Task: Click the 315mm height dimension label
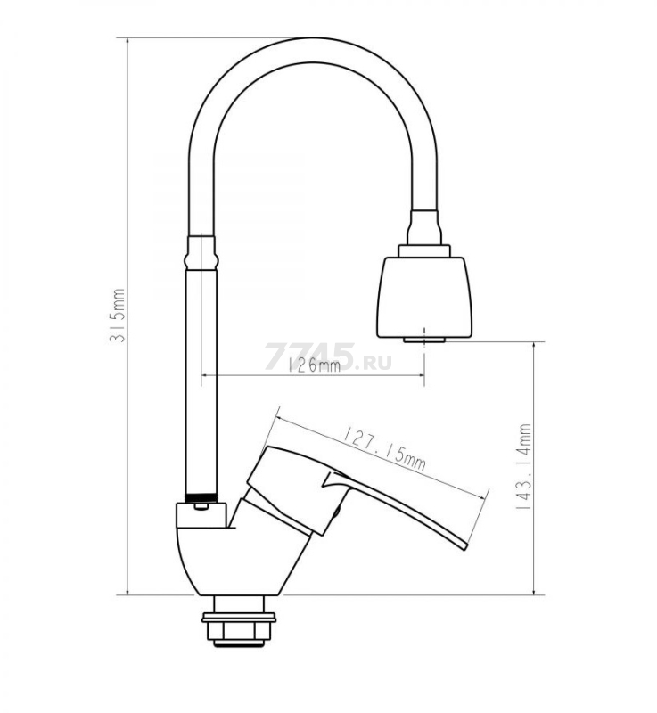[x=118, y=316]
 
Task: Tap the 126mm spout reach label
[x=314, y=365]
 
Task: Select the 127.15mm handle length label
[x=384, y=448]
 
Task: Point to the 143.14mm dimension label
[x=523, y=466]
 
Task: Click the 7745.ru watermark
[x=327, y=356]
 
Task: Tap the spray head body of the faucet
[x=424, y=297]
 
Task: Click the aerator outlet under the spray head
[x=423, y=340]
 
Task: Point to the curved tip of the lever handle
[x=463, y=545]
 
